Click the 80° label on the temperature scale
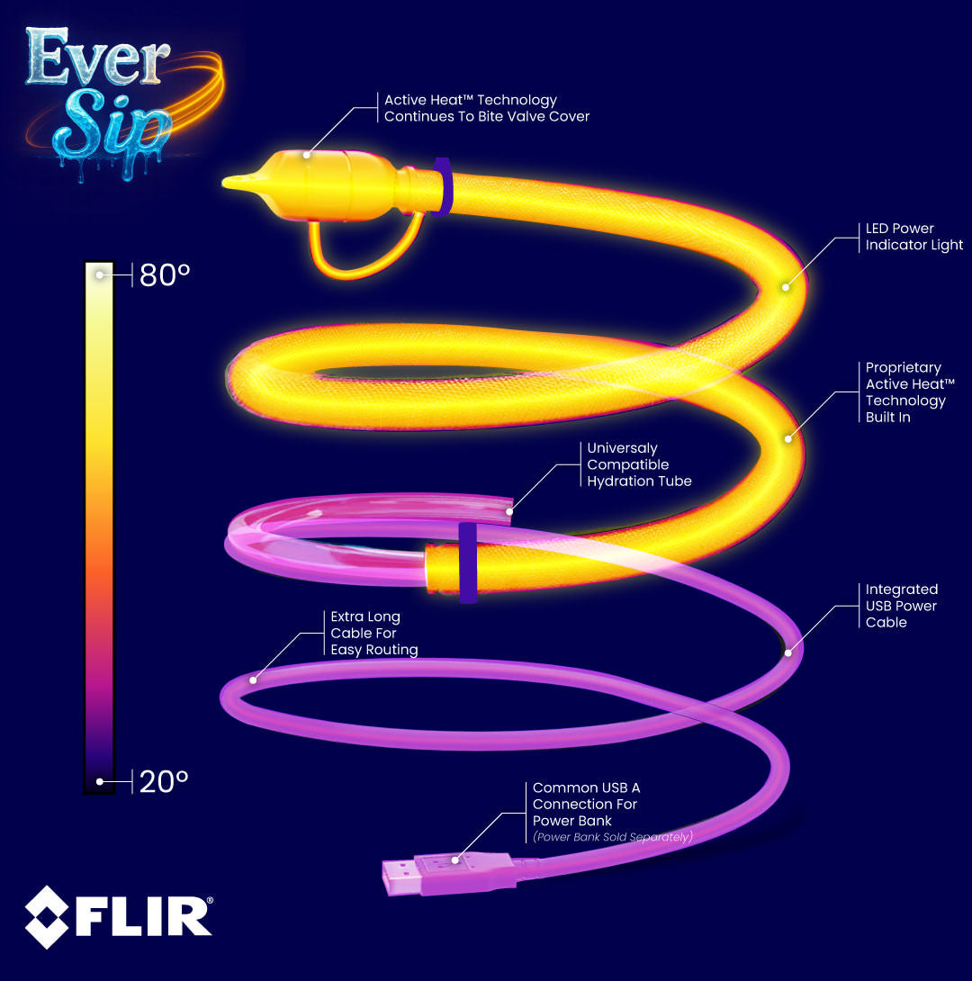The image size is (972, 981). point(164,274)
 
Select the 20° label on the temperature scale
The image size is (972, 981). point(164,780)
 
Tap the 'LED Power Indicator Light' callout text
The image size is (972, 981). point(913,237)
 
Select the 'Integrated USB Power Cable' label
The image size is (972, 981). point(901,606)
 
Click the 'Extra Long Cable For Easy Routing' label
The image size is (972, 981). point(373,633)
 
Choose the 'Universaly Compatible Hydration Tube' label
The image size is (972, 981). point(639,464)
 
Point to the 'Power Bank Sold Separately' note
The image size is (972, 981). point(612,837)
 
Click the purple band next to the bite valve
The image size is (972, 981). point(442,186)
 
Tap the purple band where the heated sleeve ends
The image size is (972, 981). point(467,562)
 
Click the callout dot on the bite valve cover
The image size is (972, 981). point(307,155)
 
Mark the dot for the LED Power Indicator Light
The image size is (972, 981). point(785,287)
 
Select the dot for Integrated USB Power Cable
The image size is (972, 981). point(788,652)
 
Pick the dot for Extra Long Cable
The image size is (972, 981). point(253,680)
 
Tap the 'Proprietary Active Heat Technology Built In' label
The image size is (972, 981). point(904,392)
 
